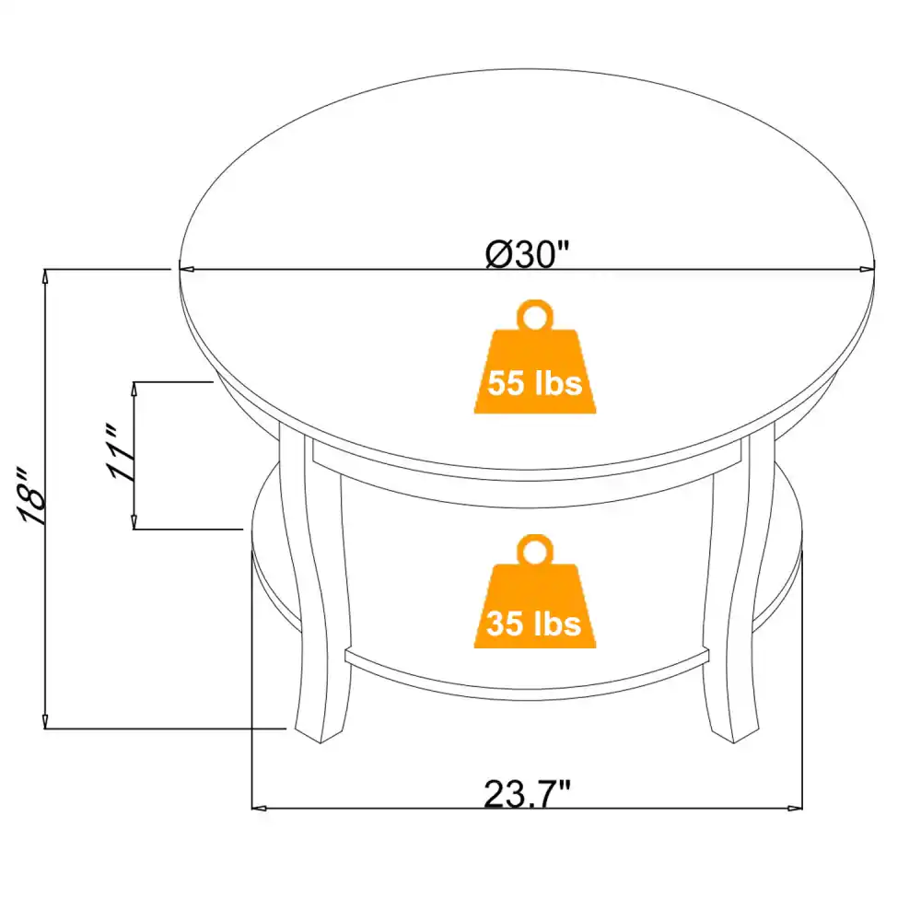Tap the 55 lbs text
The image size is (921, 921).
click(535, 382)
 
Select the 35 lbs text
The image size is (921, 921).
click(535, 624)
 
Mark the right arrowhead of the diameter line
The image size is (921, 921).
click(867, 270)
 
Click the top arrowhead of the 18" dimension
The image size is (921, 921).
click(45, 275)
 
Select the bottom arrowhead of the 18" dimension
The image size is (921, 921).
click(45, 722)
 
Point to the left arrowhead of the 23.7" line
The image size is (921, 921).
click(260, 809)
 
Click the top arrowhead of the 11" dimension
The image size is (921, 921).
click(135, 388)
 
